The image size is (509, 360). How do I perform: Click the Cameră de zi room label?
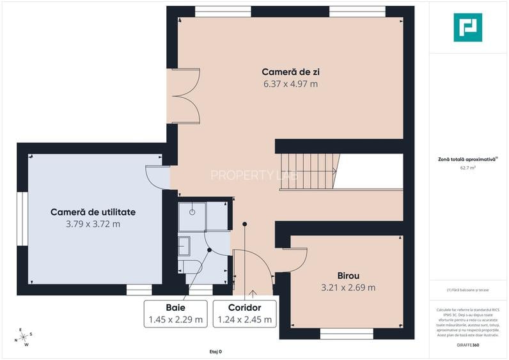click(x=290, y=71)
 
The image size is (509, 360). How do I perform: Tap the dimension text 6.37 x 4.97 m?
click(x=290, y=83)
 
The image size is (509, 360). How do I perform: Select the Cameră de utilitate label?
click(x=93, y=212)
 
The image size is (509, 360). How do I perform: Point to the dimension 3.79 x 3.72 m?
click(x=93, y=224)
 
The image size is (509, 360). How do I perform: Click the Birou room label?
click(x=348, y=275)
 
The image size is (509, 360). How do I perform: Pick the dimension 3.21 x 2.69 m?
click(x=348, y=287)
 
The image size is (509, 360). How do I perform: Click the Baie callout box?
click(x=176, y=313)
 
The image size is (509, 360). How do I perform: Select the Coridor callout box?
click(x=244, y=313)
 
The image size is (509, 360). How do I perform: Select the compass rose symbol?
click(x=22, y=337)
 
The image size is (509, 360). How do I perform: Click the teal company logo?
click(x=467, y=27)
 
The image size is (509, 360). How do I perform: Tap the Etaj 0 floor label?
click(x=215, y=352)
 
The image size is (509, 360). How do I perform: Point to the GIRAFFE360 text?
click(x=467, y=345)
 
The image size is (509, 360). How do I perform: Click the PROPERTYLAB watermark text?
click(x=254, y=175)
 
